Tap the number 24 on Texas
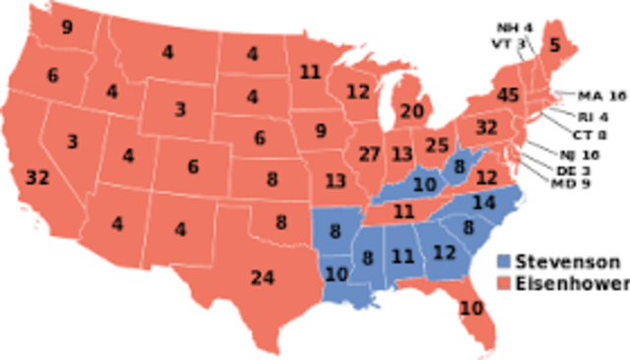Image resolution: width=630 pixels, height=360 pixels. [262, 278]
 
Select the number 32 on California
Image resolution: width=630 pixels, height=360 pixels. [37, 178]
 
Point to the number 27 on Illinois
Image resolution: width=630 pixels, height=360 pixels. [370, 155]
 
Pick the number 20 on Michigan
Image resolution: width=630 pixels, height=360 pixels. [412, 110]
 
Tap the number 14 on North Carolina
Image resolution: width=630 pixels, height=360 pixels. [483, 204]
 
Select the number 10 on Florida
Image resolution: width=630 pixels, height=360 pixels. [472, 308]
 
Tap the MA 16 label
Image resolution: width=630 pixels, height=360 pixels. [602, 95]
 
